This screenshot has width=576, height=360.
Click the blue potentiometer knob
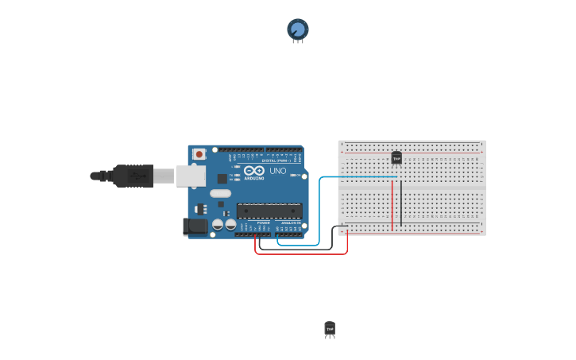tap(298, 29)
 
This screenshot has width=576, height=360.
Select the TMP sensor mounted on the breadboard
tap(396, 157)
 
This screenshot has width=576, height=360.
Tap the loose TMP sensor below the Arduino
tap(330, 328)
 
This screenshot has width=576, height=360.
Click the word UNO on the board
tap(278, 171)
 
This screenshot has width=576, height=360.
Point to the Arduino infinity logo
tap(254, 170)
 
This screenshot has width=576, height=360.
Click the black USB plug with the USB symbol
tap(132, 176)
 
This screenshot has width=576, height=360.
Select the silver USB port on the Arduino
tap(190, 176)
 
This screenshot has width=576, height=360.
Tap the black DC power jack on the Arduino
tap(195, 226)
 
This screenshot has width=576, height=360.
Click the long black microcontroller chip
tap(269, 211)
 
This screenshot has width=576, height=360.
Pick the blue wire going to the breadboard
tap(320, 207)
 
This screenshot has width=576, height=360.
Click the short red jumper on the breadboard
tap(392, 205)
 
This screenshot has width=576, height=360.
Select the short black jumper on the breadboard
tap(401, 203)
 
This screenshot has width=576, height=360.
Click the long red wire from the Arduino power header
tap(302, 254)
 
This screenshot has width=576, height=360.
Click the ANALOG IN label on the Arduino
tap(290, 223)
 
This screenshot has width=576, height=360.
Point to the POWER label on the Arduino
tap(262, 223)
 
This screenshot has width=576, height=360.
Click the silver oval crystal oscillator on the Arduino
tap(220, 193)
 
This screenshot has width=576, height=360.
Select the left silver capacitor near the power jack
tap(217, 225)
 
